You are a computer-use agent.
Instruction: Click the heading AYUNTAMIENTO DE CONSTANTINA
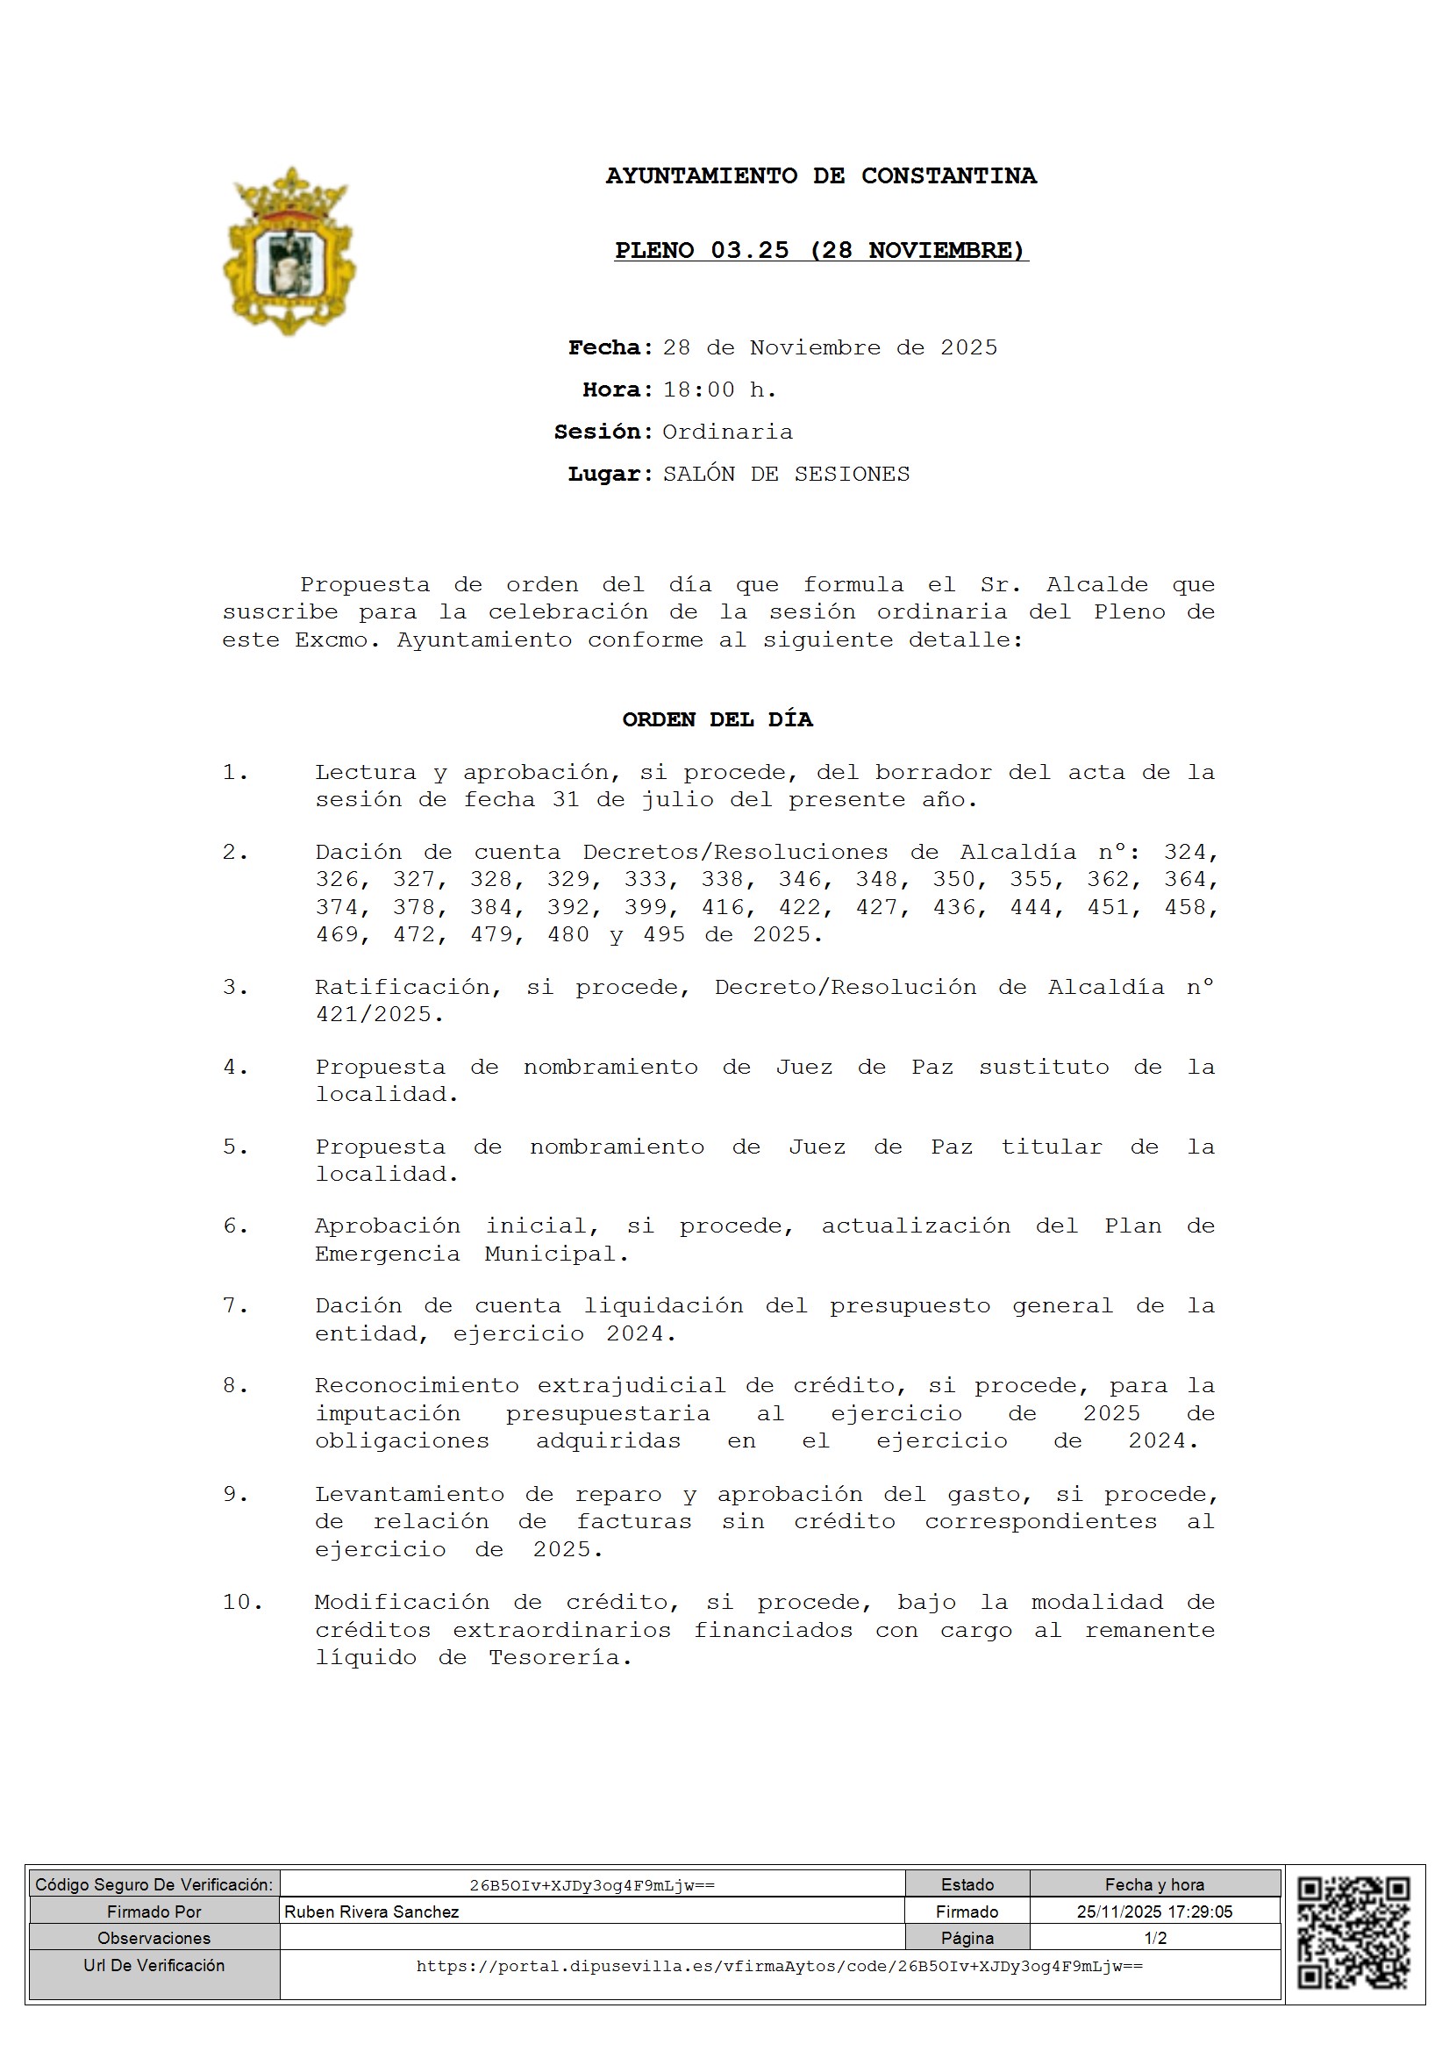[821, 176]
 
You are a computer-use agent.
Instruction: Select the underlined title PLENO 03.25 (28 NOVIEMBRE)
[821, 250]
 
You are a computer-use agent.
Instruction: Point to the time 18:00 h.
[719, 390]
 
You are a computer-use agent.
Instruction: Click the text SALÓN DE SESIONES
[786, 475]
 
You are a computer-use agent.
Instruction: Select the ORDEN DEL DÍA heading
[717, 720]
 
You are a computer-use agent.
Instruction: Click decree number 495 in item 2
[664, 935]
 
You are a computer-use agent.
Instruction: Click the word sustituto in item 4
[1044, 1068]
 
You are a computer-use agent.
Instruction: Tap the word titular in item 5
[1052, 1147]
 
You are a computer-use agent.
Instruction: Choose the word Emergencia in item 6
[388, 1254]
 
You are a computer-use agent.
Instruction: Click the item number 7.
[234, 1306]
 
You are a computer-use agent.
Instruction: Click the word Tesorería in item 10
[560, 1658]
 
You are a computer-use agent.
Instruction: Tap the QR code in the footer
[1353, 1933]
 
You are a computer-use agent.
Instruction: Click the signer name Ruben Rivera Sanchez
[372, 1912]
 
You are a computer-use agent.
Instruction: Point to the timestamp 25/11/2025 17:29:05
[1154, 1912]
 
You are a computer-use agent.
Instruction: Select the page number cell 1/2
[1154, 1939]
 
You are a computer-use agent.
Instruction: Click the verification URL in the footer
[779, 1966]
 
